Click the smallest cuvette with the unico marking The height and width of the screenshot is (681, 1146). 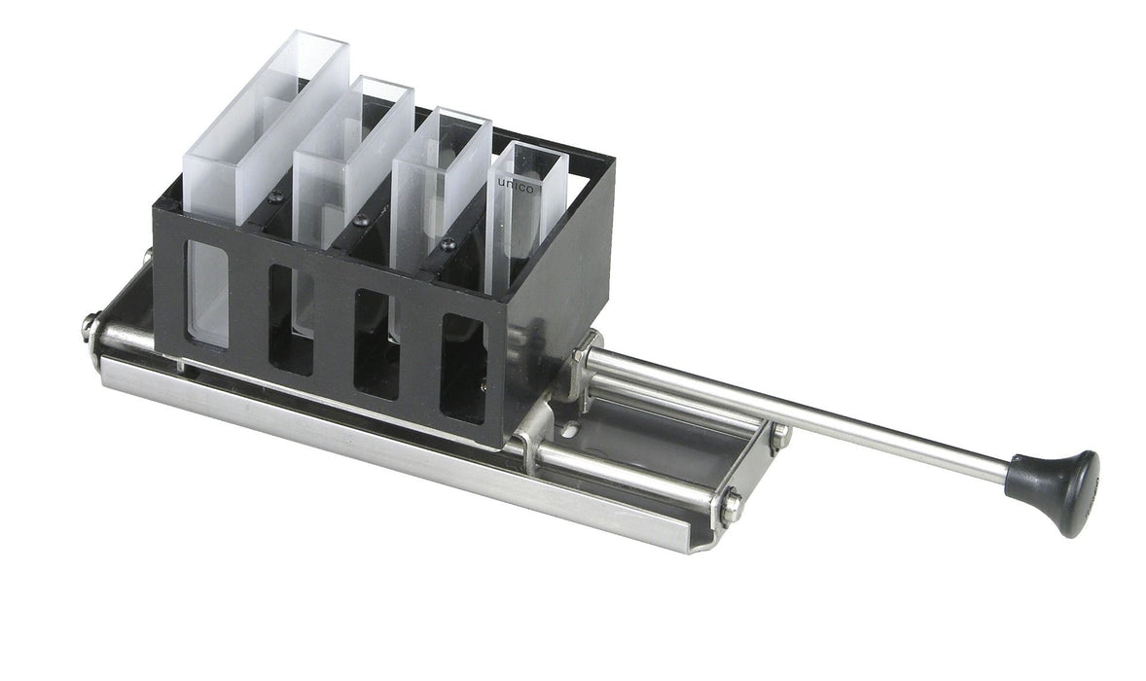click(x=524, y=214)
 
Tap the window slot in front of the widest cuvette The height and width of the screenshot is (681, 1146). click(x=207, y=293)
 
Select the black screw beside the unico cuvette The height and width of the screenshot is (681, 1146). click(x=448, y=243)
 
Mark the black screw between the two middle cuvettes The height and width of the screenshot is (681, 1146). click(x=362, y=221)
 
